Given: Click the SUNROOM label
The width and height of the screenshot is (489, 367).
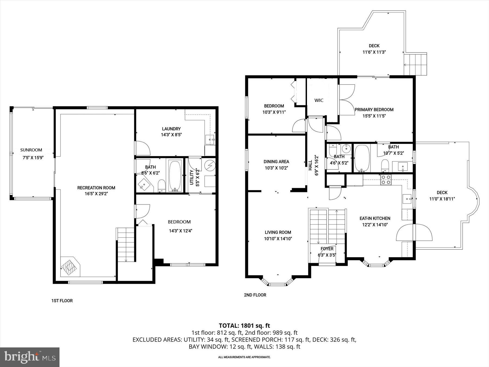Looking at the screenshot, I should click(31, 150).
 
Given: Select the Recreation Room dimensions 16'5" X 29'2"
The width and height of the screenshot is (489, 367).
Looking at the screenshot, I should click(96, 194).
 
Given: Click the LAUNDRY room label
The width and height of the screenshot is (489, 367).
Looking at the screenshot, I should click(171, 129).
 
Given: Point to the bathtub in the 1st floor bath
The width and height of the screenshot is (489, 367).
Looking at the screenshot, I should click(175, 176).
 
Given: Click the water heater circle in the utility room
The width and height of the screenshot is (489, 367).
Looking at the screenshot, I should click(210, 166).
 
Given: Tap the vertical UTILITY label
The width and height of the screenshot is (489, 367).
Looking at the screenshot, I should click(192, 177).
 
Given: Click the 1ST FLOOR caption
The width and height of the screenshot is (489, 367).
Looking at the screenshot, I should click(62, 301).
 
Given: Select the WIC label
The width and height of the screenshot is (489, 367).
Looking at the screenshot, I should click(319, 100).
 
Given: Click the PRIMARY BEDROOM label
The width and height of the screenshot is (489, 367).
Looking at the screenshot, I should click(374, 110).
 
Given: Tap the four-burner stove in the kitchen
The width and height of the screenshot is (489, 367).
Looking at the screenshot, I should click(386, 180).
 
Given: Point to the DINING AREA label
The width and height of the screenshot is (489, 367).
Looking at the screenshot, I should click(276, 161).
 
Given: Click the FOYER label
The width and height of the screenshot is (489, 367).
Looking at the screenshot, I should click(327, 249).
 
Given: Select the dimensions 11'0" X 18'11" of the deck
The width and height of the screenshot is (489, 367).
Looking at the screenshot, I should click(442, 199).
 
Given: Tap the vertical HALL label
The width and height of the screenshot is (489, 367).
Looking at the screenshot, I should click(310, 165).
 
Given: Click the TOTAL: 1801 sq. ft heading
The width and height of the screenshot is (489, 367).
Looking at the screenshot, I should click(244, 325).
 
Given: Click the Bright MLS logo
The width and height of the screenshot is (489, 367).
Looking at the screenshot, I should click(30, 357).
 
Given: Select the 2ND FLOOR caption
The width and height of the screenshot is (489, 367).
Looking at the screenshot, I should click(255, 295).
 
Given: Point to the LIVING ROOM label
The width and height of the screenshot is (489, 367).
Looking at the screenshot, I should click(278, 232).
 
